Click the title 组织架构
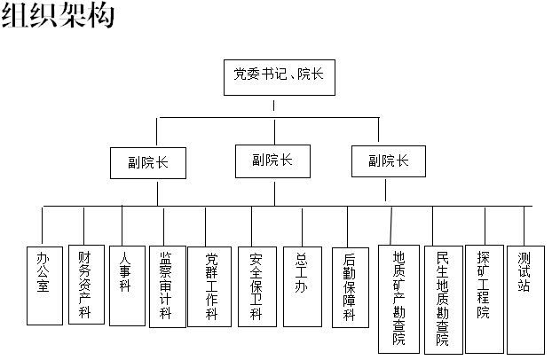coord(58,16)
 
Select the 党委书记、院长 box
coord(280,77)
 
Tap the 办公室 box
coord(44,286)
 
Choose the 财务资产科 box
coord(86,285)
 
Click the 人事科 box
coord(127,286)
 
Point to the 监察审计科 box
coord(168,286)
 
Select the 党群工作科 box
coord(209,286)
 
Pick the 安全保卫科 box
coord(257,286)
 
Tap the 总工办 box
coord(303,286)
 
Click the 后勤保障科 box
coord(351,287)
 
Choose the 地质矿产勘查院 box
coord(398,299)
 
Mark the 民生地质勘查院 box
coord(444,300)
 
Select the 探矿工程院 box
coord(485,299)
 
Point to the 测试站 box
coord(525,300)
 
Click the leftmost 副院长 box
coord(148,163)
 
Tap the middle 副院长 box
coord(272,161)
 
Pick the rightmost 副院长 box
coord(389,161)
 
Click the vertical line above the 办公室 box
coord(43,225)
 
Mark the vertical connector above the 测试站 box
coord(524,226)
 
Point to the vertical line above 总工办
coord(302,227)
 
